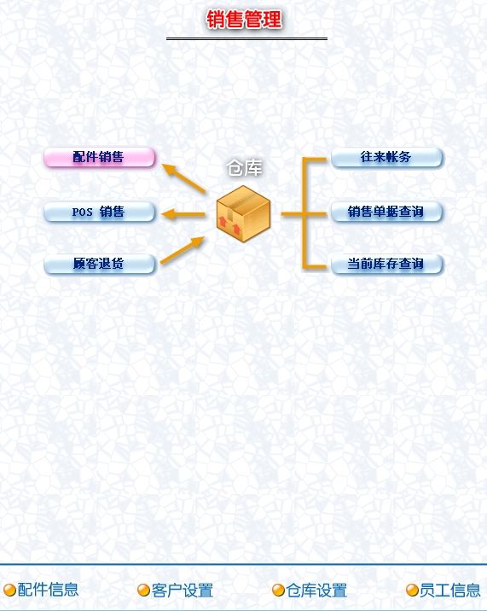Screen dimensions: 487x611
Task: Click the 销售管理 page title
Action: (244, 20)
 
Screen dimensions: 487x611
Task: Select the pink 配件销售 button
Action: (99, 157)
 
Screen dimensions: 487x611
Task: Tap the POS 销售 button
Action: (99, 212)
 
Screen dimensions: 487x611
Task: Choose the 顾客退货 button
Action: (99, 264)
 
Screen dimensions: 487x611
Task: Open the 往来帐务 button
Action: (386, 157)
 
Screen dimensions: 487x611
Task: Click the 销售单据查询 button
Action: (386, 212)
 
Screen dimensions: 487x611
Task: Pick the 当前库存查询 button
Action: (386, 264)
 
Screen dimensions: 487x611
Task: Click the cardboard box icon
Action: (244, 213)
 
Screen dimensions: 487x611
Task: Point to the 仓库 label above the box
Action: (244, 168)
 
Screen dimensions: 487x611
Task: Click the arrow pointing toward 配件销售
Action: (183, 178)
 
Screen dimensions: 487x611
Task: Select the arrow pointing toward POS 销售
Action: (183, 214)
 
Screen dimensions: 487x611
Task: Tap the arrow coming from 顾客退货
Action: (183, 250)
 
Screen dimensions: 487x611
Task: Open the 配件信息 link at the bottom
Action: (48, 590)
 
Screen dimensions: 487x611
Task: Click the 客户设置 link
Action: (182, 590)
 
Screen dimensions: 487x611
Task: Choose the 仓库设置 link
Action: (316, 590)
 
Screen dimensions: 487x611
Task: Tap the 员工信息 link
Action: (450, 590)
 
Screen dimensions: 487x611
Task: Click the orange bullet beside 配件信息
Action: (9, 590)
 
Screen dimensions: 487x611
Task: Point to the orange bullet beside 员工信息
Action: (412, 590)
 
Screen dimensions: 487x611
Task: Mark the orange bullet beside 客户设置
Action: (143, 590)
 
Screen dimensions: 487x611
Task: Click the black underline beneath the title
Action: (246, 38)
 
